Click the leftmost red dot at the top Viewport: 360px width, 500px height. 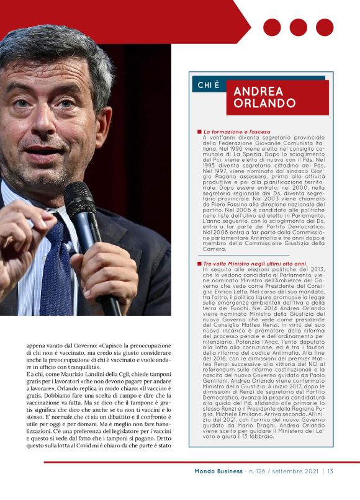pos(272,27)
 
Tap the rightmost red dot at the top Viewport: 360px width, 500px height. pos(325,27)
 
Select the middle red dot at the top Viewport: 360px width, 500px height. pos(298,27)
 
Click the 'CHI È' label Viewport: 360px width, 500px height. pos(208,85)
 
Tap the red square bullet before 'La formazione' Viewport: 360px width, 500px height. pos(199,132)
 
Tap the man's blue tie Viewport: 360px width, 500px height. pos(59,267)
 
